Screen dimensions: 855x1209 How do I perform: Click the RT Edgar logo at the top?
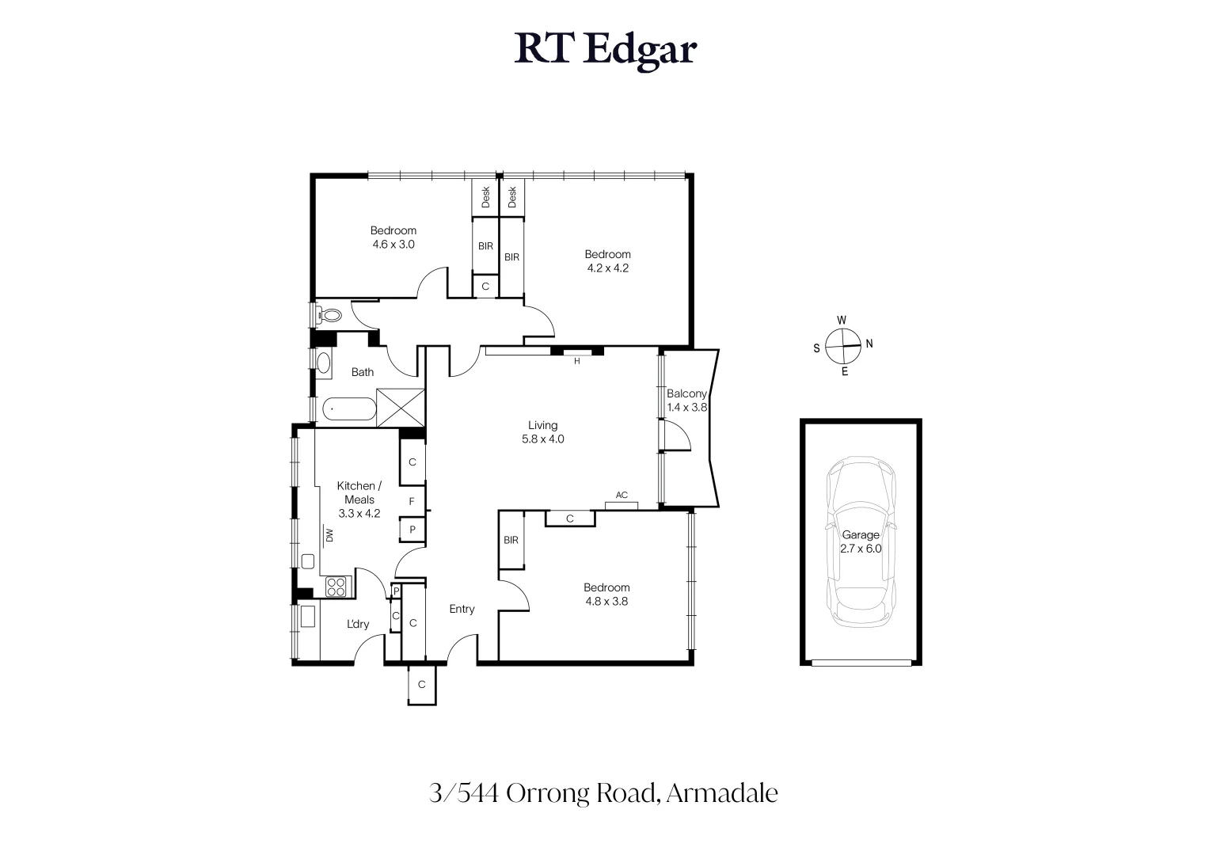pos(605,49)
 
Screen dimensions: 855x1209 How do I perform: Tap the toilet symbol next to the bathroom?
pos(329,316)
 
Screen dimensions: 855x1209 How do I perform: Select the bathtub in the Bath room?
pos(348,410)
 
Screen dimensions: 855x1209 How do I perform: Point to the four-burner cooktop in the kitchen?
pos(336,587)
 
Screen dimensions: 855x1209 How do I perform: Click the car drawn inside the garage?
pos(861,545)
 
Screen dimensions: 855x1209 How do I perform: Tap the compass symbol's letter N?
pos(869,344)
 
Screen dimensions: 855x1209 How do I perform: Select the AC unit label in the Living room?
pos(622,496)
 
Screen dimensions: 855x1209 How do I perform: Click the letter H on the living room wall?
pos(577,361)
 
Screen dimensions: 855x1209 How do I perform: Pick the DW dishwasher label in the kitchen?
pos(329,536)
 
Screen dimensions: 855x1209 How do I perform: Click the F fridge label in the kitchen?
pos(412,501)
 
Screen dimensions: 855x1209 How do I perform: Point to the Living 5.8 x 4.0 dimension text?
pos(542,439)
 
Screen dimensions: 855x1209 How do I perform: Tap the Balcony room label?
pos(686,393)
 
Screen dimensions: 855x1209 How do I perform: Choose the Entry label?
pos(462,609)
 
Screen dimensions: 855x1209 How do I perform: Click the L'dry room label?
pos(358,624)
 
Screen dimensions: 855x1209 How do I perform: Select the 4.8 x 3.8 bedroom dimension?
pos(606,601)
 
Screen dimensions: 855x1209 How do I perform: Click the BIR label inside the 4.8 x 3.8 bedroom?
pos(511,540)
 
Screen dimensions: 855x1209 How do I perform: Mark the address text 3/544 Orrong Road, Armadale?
pos(603,792)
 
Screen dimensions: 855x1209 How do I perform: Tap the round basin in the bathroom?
pos(323,363)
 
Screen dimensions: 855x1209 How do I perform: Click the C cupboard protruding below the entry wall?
pos(421,685)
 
